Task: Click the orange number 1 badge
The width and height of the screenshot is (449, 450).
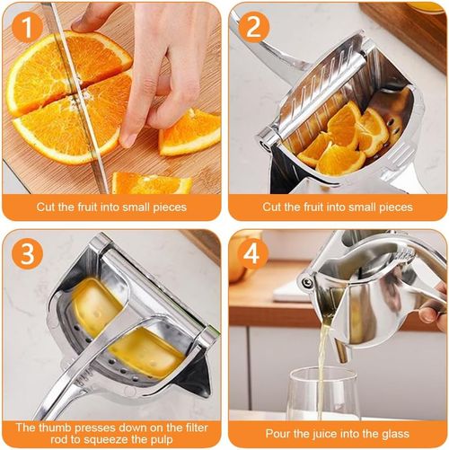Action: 28,28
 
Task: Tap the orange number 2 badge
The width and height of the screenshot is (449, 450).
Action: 254,28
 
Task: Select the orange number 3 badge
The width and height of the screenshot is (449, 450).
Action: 28,254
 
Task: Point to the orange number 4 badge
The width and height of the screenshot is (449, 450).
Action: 252,254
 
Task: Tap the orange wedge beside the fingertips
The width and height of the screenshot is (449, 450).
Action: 190,133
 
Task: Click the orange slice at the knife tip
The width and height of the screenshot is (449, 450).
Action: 152,182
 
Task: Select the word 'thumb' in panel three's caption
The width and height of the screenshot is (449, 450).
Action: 56,428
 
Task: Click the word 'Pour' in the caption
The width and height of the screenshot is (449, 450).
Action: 276,433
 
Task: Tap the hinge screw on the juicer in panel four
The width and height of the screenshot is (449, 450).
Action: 306,282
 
